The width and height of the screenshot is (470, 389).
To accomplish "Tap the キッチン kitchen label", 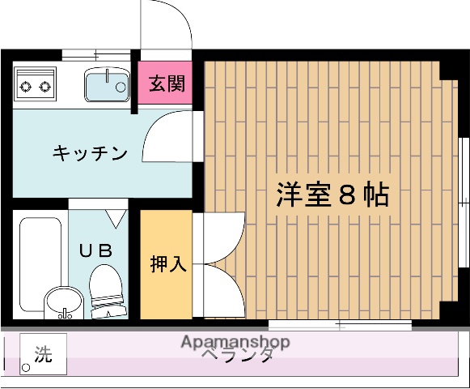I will point(91,152).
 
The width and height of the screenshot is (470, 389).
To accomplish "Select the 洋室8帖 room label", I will point(332,195).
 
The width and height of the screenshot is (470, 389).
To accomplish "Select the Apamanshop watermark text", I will point(235,342).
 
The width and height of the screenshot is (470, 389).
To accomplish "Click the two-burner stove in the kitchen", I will point(35,83).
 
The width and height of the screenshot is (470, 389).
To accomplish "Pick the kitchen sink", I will point(105,83).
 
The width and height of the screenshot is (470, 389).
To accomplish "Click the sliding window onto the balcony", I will point(340,325).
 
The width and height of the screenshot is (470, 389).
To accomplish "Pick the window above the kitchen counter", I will point(95,55).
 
